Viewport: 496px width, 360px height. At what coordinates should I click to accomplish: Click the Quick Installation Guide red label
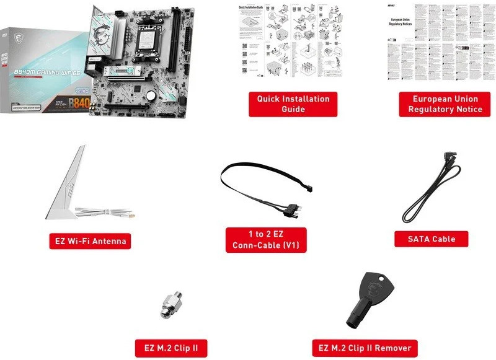pyautogui.click(x=293, y=104)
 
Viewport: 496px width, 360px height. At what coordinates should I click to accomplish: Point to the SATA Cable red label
pyautogui.click(x=432, y=239)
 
